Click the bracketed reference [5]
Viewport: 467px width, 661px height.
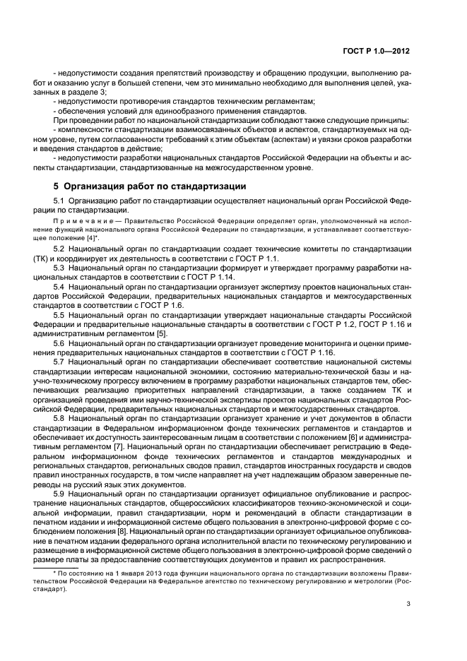[x=161, y=333]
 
